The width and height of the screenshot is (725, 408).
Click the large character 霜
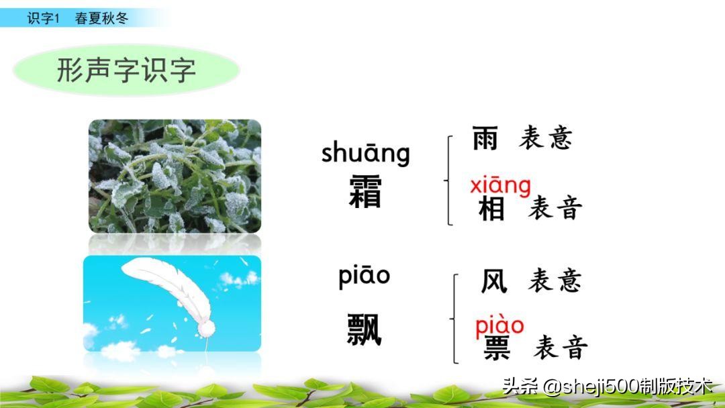click(x=366, y=193)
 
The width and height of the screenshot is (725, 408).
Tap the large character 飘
click(x=365, y=329)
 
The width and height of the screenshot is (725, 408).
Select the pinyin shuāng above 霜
click(x=365, y=153)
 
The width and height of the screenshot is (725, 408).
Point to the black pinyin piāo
click(x=364, y=276)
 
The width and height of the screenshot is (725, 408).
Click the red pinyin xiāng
click(x=500, y=185)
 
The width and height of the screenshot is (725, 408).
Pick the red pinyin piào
click(x=499, y=326)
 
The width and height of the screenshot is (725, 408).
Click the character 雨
click(x=485, y=138)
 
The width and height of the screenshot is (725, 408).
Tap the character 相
click(x=491, y=209)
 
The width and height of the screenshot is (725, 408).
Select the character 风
click(x=494, y=280)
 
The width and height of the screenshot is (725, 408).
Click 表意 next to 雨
click(x=546, y=138)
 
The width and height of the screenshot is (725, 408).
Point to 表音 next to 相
click(x=554, y=209)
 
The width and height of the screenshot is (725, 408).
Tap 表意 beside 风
click(x=554, y=280)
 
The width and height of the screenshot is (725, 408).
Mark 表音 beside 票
click(x=561, y=348)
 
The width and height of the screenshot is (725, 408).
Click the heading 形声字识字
click(x=126, y=70)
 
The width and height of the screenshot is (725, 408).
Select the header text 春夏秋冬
click(x=101, y=18)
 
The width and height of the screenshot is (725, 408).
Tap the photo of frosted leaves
click(x=175, y=176)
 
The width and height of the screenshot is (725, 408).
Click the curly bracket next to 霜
click(x=448, y=180)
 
